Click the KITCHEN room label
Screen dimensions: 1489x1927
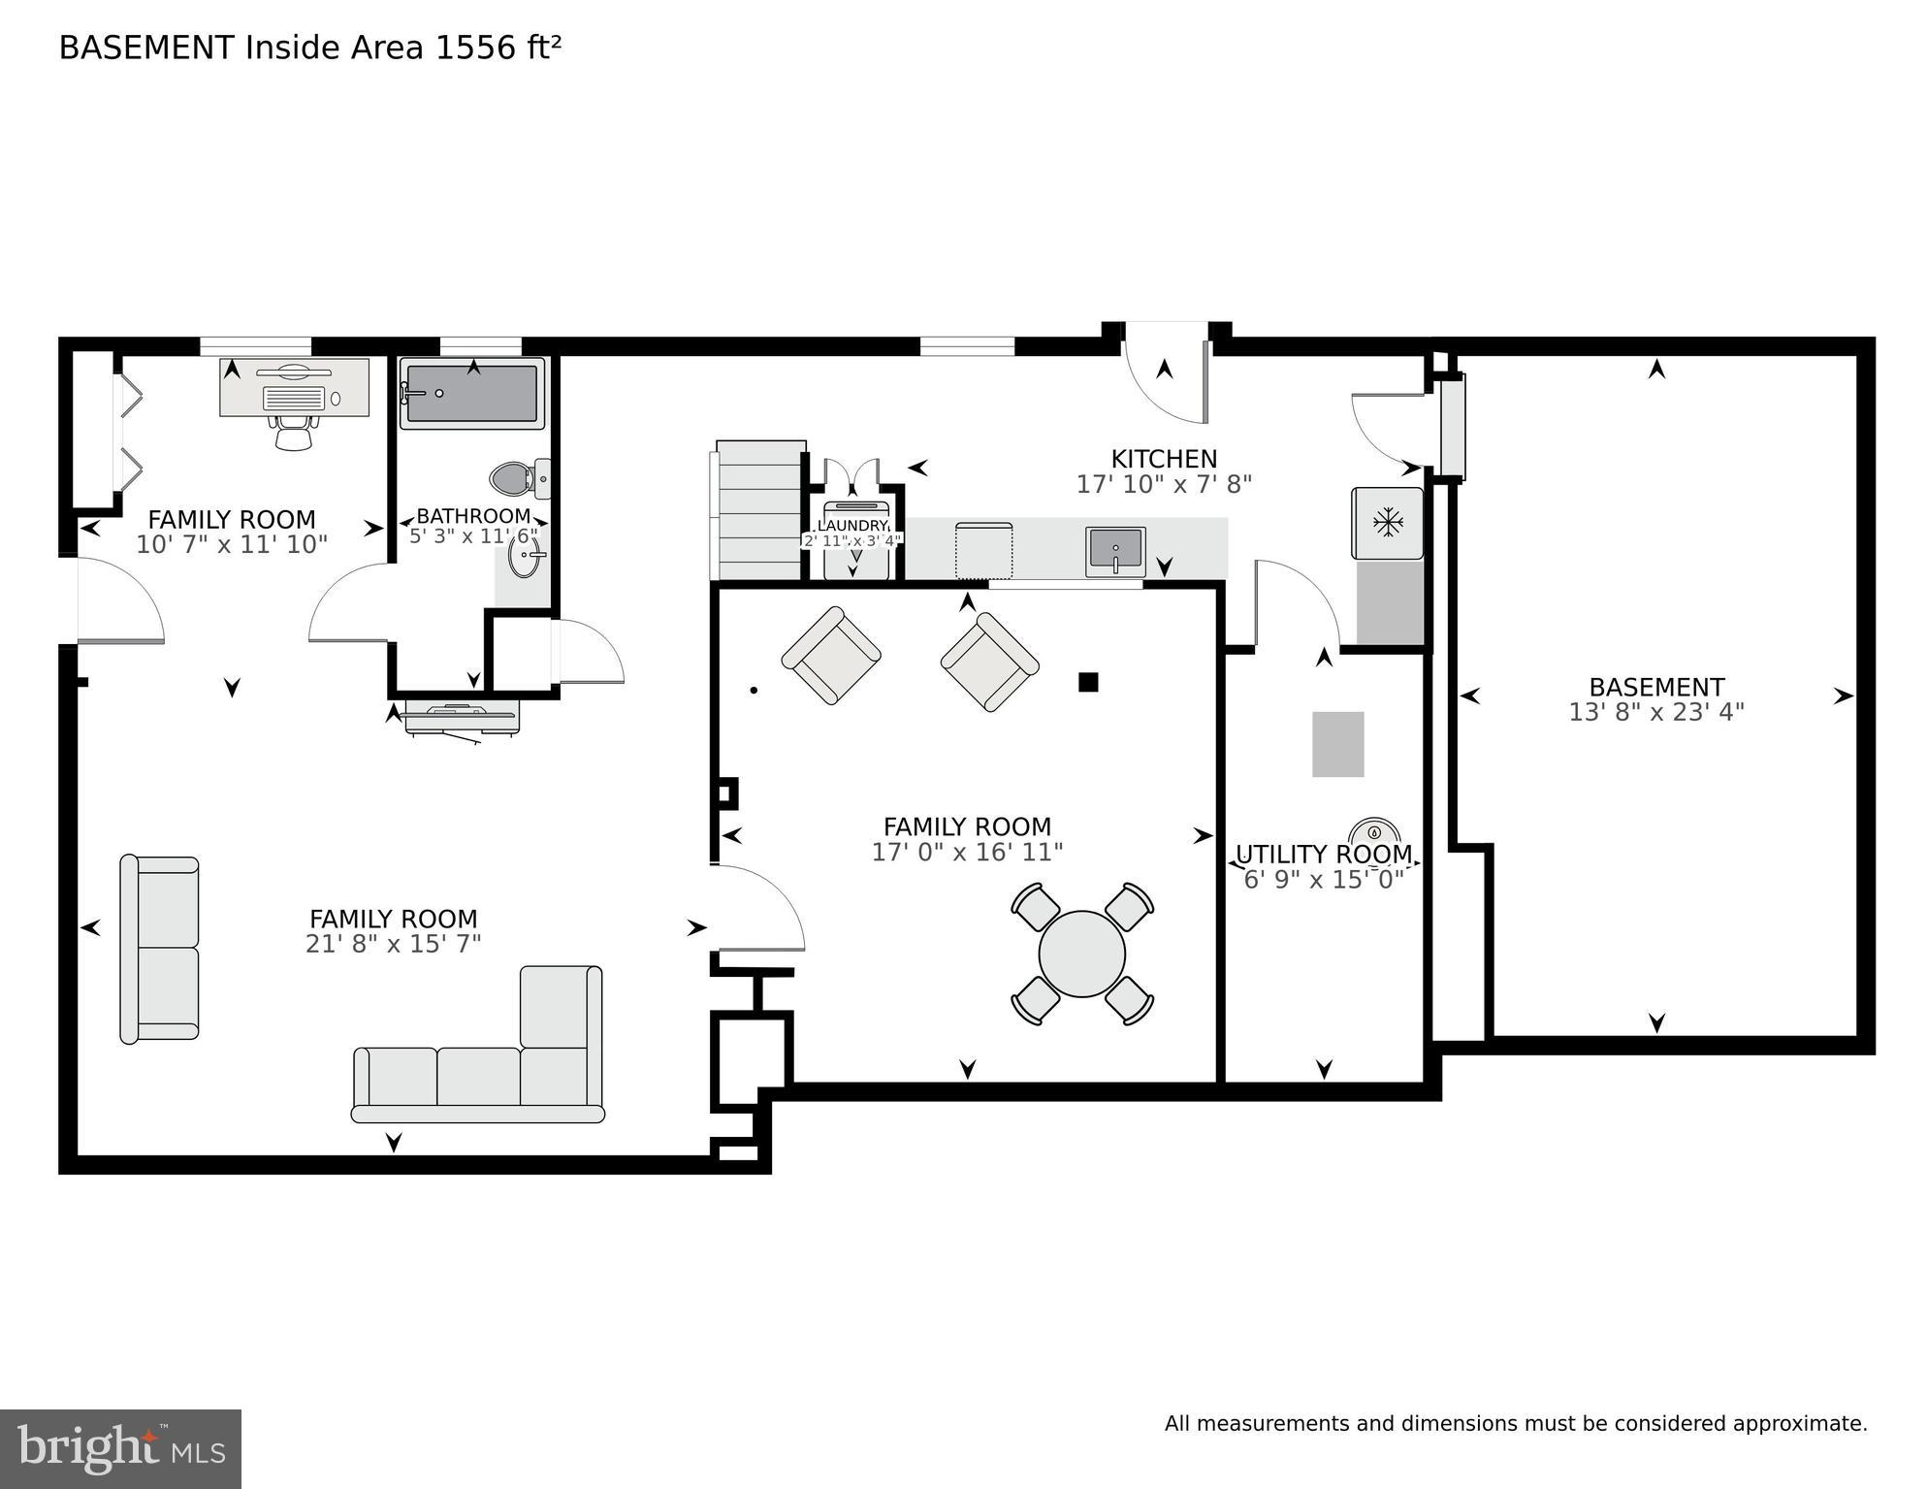pos(1163,459)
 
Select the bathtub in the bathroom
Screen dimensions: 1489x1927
pos(472,394)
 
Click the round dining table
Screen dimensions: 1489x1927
pos(1081,954)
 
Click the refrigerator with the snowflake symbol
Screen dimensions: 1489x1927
pos(1387,524)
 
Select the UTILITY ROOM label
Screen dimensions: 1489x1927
pos(1323,855)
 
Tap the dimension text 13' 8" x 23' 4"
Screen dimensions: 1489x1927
pos(1655,713)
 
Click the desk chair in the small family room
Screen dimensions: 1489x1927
pos(294,433)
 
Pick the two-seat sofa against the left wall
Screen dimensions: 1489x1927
pos(160,949)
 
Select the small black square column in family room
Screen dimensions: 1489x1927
pos(1088,682)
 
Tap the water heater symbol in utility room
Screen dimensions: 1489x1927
pos(1374,832)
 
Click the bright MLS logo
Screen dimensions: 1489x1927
pos(120,1448)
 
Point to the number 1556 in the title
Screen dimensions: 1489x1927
pos(476,49)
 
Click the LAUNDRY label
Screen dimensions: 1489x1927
pos(852,526)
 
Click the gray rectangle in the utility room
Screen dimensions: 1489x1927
pos(1337,744)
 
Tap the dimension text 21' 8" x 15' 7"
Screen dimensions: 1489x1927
pos(393,944)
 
